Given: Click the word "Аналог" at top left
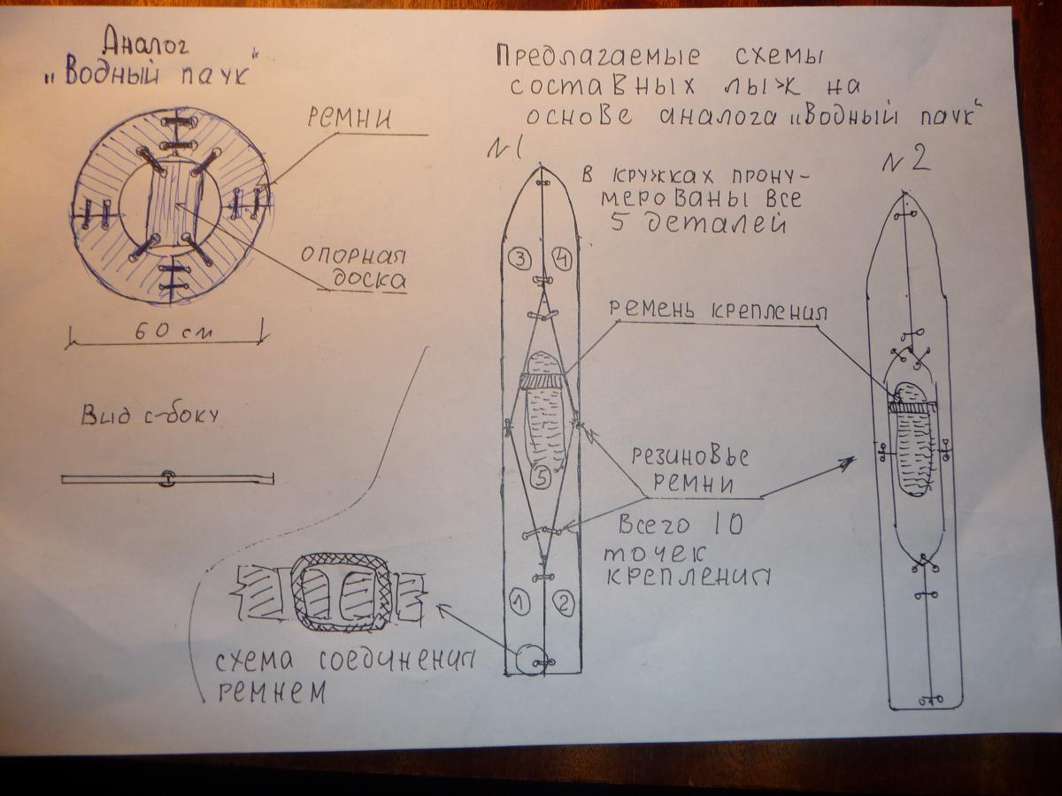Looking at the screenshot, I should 145,42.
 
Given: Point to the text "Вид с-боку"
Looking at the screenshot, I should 149,416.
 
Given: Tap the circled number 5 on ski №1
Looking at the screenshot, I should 543,478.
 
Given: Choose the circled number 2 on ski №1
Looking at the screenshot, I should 563,604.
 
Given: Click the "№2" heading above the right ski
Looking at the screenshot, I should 908,160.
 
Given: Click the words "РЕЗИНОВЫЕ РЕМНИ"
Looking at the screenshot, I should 692,471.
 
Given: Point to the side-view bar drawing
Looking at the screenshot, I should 166,479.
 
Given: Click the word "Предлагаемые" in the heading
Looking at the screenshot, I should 597,57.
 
